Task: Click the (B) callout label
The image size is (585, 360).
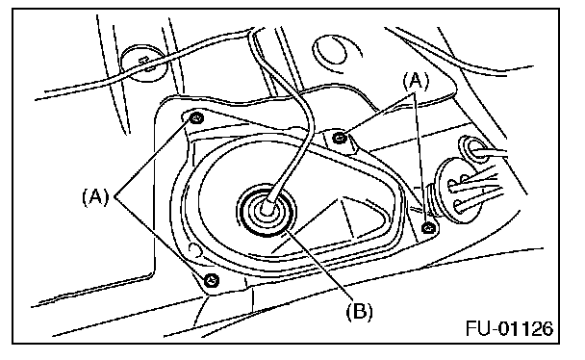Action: click(359, 311)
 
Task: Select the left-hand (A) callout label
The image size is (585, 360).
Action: click(95, 196)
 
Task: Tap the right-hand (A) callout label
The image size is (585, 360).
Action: click(416, 81)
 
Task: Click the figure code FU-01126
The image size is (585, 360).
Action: click(509, 328)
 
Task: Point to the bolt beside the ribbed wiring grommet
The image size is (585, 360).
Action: click(428, 227)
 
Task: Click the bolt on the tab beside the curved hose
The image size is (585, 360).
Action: click(339, 138)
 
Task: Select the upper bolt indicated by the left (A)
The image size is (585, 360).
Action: click(196, 118)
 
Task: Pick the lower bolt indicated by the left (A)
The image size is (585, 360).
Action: click(212, 280)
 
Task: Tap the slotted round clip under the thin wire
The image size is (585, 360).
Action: click(144, 64)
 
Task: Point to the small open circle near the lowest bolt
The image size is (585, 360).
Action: click(194, 249)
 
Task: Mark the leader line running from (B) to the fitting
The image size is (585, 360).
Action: click(318, 265)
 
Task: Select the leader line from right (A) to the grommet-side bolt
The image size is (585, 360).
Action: click(420, 158)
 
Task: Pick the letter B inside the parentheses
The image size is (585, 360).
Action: click(359, 311)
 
